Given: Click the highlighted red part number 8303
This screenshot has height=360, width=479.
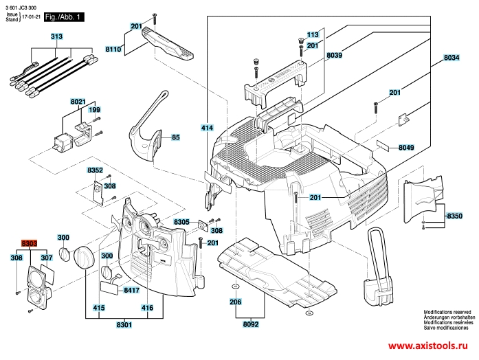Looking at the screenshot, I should click(x=29, y=244).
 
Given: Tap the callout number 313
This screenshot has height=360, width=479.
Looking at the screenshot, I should click(x=56, y=36).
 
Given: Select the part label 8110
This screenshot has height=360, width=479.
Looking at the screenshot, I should click(x=113, y=49).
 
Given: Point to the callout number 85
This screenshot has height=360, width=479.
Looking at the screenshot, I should click(x=175, y=137).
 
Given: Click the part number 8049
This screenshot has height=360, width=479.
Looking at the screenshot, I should click(x=406, y=147).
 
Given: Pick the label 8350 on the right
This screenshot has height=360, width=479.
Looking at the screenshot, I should click(x=454, y=216).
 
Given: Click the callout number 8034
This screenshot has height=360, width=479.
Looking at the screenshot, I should click(x=451, y=58).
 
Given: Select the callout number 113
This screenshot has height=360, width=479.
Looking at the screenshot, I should click(x=313, y=34).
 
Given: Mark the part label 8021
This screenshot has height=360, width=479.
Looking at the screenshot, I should click(x=78, y=101).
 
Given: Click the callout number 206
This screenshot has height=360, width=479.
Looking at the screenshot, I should click(x=235, y=302).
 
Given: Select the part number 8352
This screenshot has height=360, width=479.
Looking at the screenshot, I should click(x=95, y=170).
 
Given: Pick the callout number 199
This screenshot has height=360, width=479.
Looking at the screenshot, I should click(x=94, y=110).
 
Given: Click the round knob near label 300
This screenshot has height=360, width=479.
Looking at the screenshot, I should click(x=83, y=256).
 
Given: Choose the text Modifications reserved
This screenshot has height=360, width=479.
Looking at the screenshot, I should click(x=446, y=311).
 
